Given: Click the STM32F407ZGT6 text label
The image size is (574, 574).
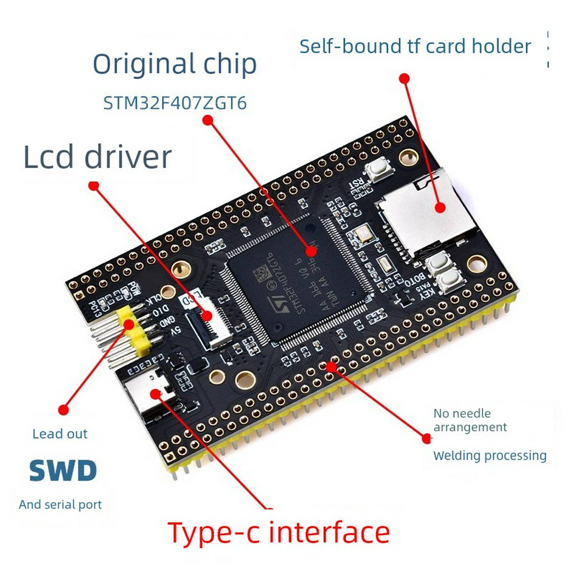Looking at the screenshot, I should pyautogui.click(x=175, y=103).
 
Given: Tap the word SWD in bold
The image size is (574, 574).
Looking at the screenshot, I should pyautogui.click(x=63, y=470).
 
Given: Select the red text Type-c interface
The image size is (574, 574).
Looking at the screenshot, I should pyautogui.click(x=278, y=533).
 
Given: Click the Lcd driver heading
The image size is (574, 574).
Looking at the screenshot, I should pyautogui.click(x=98, y=157).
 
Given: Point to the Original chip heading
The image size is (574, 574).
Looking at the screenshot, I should pyautogui.click(x=175, y=64).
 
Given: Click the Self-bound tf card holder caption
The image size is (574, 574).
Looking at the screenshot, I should pyautogui.click(x=415, y=46).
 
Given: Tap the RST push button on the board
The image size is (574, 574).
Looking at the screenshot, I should pyautogui.click(x=379, y=169).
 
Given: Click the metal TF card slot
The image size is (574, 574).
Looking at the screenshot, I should pyautogui.click(x=427, y=215).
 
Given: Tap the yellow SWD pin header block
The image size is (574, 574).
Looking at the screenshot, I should pyautogui.click(x=134, y=331).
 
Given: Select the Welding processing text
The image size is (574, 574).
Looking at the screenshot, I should pyautogui.click(x=489, y=455).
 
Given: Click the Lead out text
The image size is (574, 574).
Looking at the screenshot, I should pyautogui.click(x=60, y=434).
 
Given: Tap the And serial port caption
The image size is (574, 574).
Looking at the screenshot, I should pyautogui.click(x=60, y=504).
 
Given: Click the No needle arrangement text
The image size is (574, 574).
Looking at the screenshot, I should pyautogui.click(x=470, y=420).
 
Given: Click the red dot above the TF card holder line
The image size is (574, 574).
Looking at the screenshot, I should pyautogui.click(x=404, y=78).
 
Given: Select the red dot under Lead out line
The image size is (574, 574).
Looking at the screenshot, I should pyautogui.click(x=63, y=409).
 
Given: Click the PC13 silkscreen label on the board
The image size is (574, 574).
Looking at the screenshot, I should pyautogui.click(x=95, y=309).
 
